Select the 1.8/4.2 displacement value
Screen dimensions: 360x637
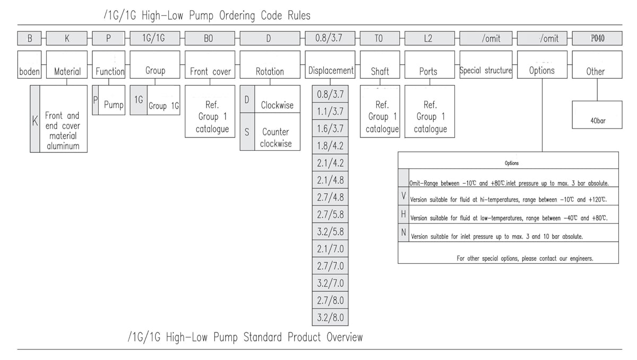point(330,145)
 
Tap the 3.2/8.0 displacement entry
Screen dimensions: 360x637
point(330,318)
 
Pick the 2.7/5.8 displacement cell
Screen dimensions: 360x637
point(330,215)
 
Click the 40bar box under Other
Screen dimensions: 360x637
point(597,120)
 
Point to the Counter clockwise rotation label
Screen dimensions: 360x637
point(276,137)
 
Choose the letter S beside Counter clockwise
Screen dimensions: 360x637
point(247,132)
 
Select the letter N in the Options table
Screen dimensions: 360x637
point(404,233)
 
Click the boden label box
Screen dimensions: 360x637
point(30,71)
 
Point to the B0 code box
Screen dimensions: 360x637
point(210,38)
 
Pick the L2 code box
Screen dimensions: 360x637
point(429,38)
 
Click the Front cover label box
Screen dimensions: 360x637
point(210,71)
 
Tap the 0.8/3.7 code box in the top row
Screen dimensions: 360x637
point(330,38)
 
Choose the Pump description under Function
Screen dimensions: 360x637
point(113,105)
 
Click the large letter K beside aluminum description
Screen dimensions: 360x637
point(35,121)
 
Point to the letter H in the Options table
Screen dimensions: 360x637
point(404,215)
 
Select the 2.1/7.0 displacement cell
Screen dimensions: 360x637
point(330,249)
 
